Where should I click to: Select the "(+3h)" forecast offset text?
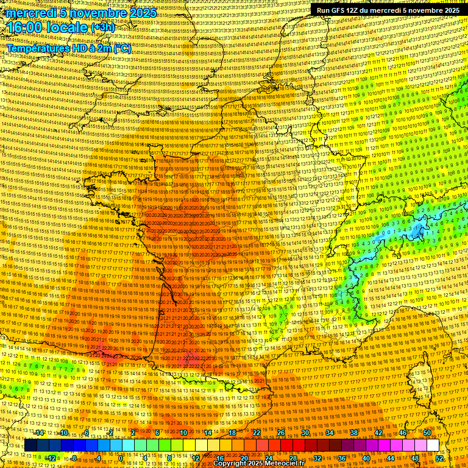click(x=102, y=27)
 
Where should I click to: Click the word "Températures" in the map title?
click(x=36, y=48)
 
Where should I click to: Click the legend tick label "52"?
click(x=439, y=458)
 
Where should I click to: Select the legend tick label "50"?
click(x=427, y=433)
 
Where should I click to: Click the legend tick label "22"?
click(x=257, y=433)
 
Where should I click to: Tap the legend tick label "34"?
click(x=330, y=433)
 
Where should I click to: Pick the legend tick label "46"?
click(x=403, y=433)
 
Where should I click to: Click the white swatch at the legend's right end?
click(x=433, y=445)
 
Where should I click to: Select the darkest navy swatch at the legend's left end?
click(x=30, y=445)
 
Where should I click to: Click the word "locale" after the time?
click(x=68, y=27)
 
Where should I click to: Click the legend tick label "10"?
click(x=183, y=433)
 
